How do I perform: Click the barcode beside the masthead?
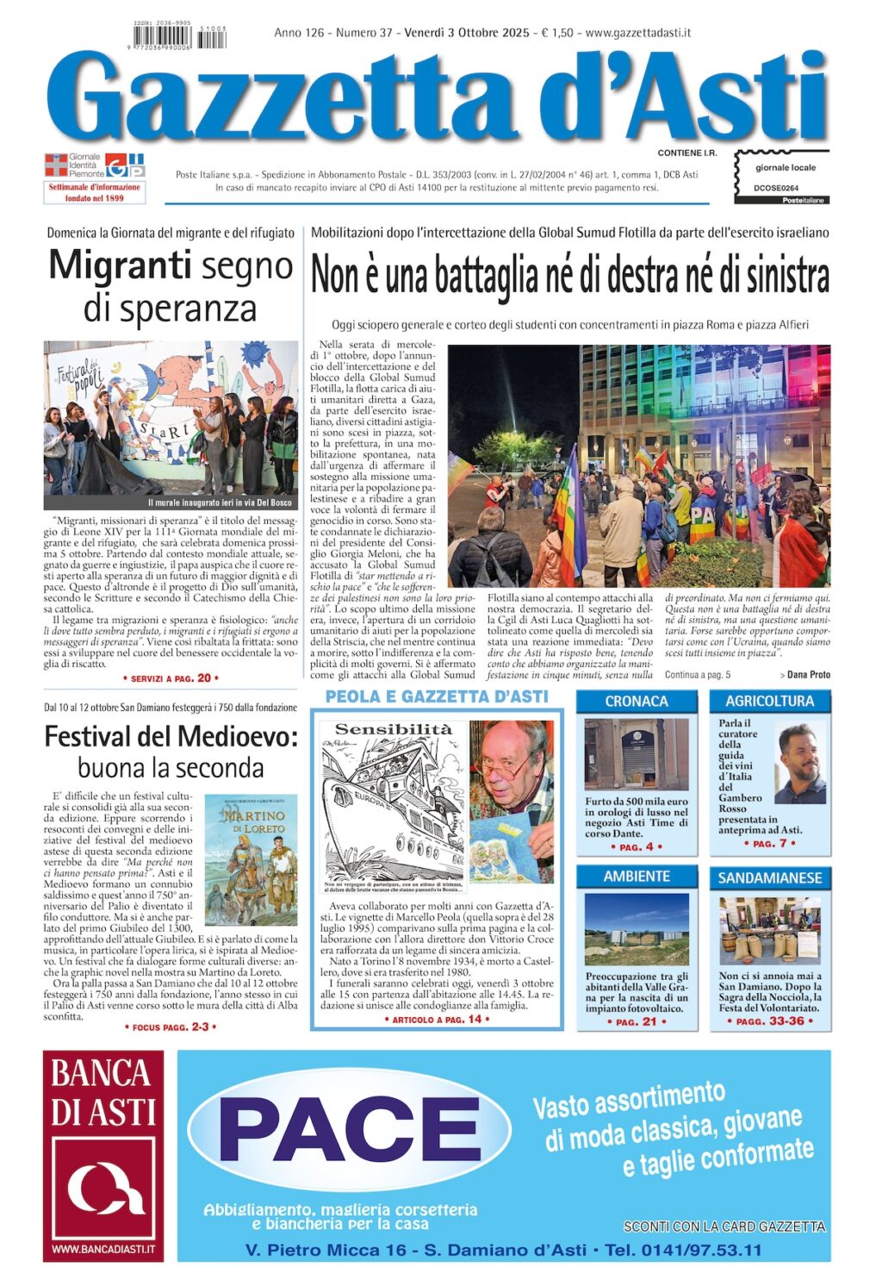click(180, 39)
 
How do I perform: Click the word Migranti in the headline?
click(119, 265)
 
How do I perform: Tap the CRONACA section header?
click(637, 702)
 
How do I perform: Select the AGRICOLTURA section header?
click(769, 702)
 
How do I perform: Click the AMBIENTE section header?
click(637, 877)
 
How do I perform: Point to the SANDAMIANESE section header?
click(769, 878)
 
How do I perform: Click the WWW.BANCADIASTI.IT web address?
click(103, 1248)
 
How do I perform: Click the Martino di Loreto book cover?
click(251, 860)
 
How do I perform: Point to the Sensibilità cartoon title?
click(393, 730)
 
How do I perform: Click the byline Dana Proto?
click(808, 675)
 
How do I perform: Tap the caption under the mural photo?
click(220, 502)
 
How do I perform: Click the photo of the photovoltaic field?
click(637, 929)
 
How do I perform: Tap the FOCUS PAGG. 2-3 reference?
click(170, 1027)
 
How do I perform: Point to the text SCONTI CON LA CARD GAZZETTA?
click(724, 1226)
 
